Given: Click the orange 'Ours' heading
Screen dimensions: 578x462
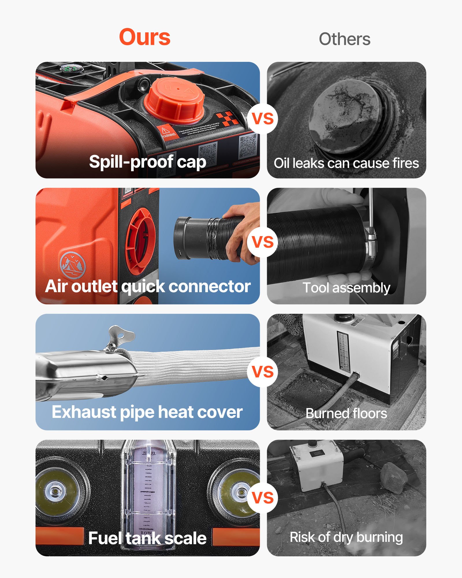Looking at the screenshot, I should tap(145, 37).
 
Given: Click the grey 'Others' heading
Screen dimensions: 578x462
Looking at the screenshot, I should tap(344, 39).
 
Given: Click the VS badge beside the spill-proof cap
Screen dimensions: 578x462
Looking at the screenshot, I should tap(262, 118).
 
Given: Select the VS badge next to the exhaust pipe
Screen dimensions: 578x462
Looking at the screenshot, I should tap(262, 371).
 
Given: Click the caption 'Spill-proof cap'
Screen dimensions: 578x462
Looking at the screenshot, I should tap(148, 162).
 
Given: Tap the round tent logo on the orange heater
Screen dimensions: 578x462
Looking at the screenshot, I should tap(73, 265).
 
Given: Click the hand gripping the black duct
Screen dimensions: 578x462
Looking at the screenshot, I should tap(243, 231).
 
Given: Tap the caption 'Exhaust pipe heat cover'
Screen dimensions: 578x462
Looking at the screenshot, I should tap(147, 412).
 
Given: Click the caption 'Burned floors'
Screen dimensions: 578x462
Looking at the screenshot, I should tap(346, 413).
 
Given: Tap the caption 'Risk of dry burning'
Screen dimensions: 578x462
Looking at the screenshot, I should tap(346, 537).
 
